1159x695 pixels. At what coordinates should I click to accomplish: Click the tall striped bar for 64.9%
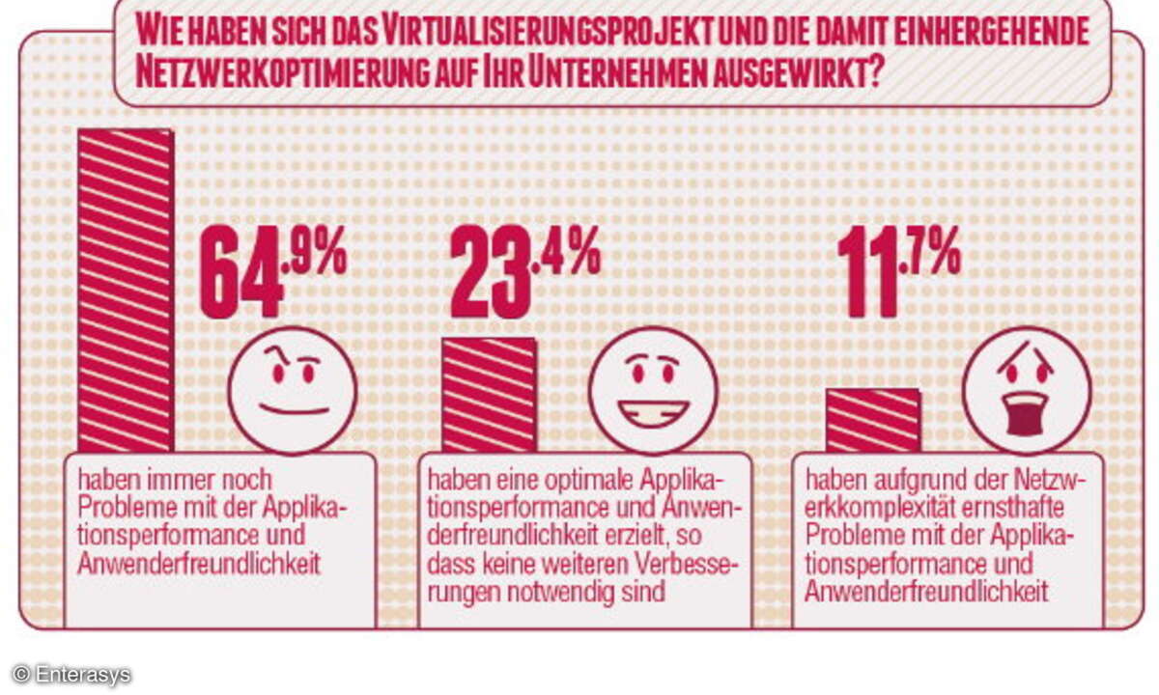tap(126, 290)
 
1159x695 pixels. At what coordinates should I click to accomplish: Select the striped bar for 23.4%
tap(489, 395)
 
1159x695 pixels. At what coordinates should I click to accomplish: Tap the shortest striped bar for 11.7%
tap(873, 421)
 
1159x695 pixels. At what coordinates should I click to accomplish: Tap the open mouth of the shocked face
tap(1026, 414)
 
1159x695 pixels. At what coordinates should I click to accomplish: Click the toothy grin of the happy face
tap(653, 411)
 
